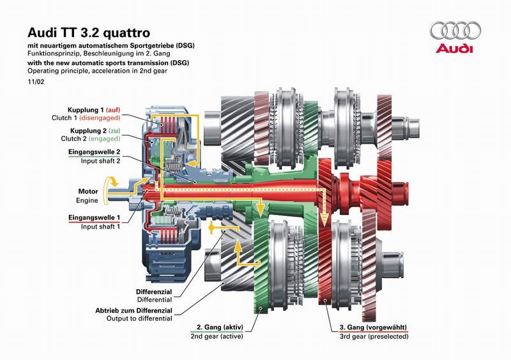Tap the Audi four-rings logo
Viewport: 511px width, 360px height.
(455, 31)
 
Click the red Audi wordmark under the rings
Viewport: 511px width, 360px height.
(455, 49)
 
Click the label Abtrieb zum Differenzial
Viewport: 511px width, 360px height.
(133, 310)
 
